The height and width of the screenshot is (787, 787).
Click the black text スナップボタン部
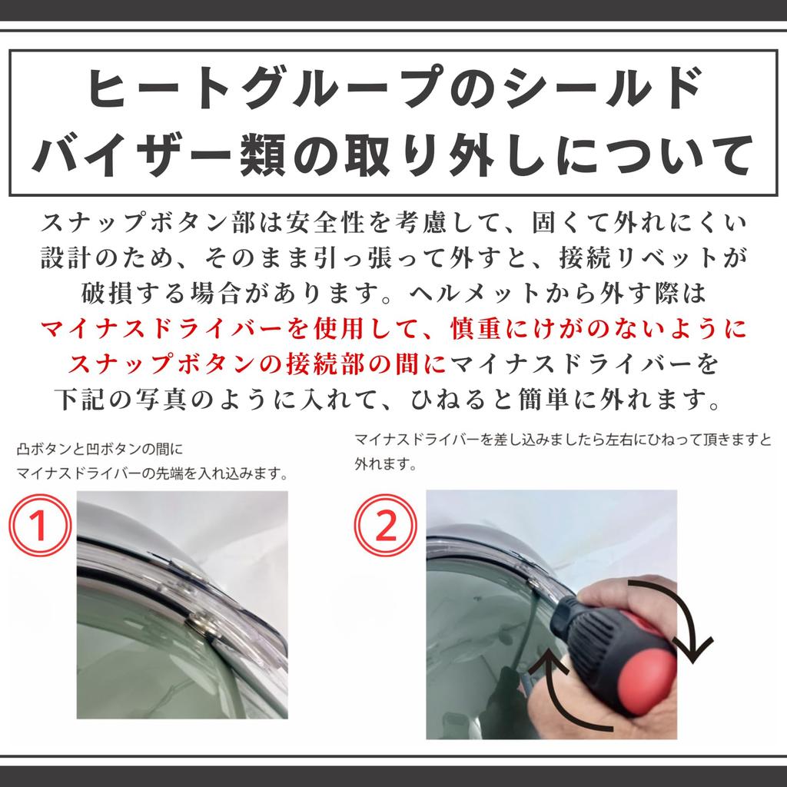pos(138,224)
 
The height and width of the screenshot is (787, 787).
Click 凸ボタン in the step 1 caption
pos(43,449)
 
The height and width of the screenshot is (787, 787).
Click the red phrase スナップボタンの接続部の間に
pos(258,364)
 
